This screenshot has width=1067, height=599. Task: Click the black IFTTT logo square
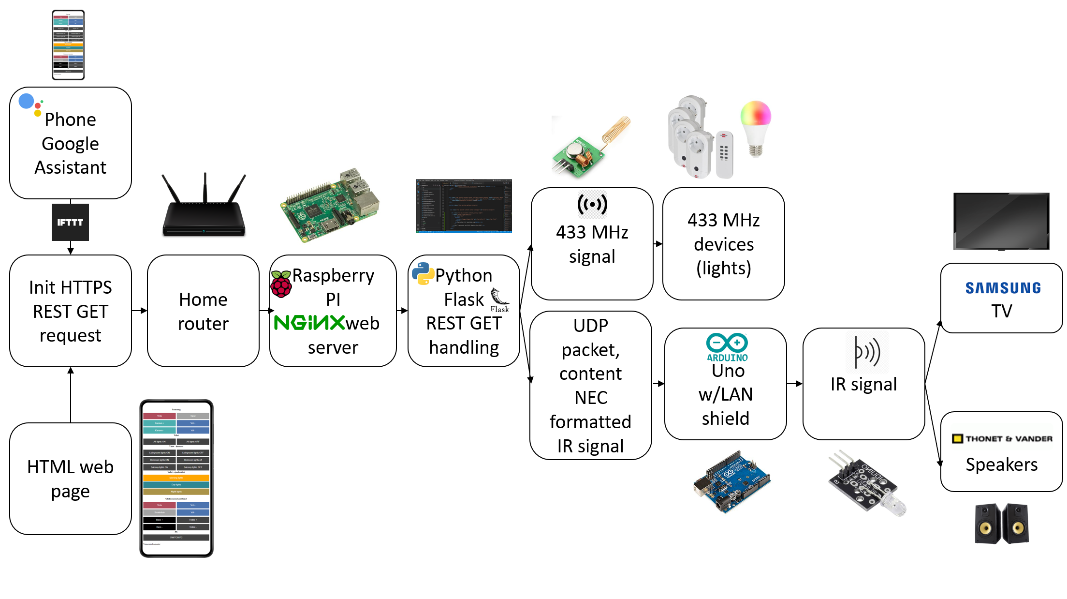click(70, 222)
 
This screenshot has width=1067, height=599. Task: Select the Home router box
click(203, 311)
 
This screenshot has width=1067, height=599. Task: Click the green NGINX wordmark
click(309, 323)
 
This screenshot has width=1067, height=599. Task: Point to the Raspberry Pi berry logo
click(281, 284)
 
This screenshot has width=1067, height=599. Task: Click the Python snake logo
click(423, 273)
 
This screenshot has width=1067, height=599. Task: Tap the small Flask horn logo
click(499, 300)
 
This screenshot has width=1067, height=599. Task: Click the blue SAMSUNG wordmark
click(1003, 288)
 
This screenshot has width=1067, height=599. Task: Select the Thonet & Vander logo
click(1002, 439)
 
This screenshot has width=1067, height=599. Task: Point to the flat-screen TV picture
click(1001, 221)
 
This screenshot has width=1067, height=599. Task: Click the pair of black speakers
click(1001, 524)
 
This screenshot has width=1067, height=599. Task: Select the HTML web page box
click(71, 479)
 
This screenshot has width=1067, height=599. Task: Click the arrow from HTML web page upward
click(71, 394)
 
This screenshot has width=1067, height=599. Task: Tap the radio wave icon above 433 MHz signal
click(592, 204)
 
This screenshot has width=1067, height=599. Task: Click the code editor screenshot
click(464, 206)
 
